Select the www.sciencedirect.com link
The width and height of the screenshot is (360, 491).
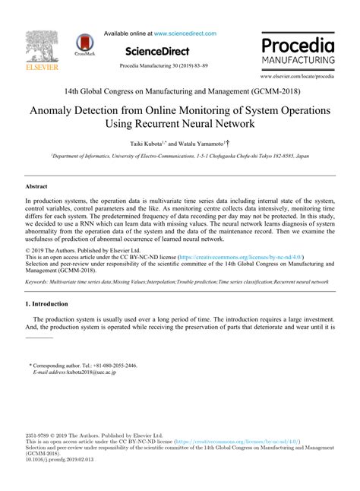185,33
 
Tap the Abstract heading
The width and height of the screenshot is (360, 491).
37,185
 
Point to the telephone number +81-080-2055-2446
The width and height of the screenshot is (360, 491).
115,366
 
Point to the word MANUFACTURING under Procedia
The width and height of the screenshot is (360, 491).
298,59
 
